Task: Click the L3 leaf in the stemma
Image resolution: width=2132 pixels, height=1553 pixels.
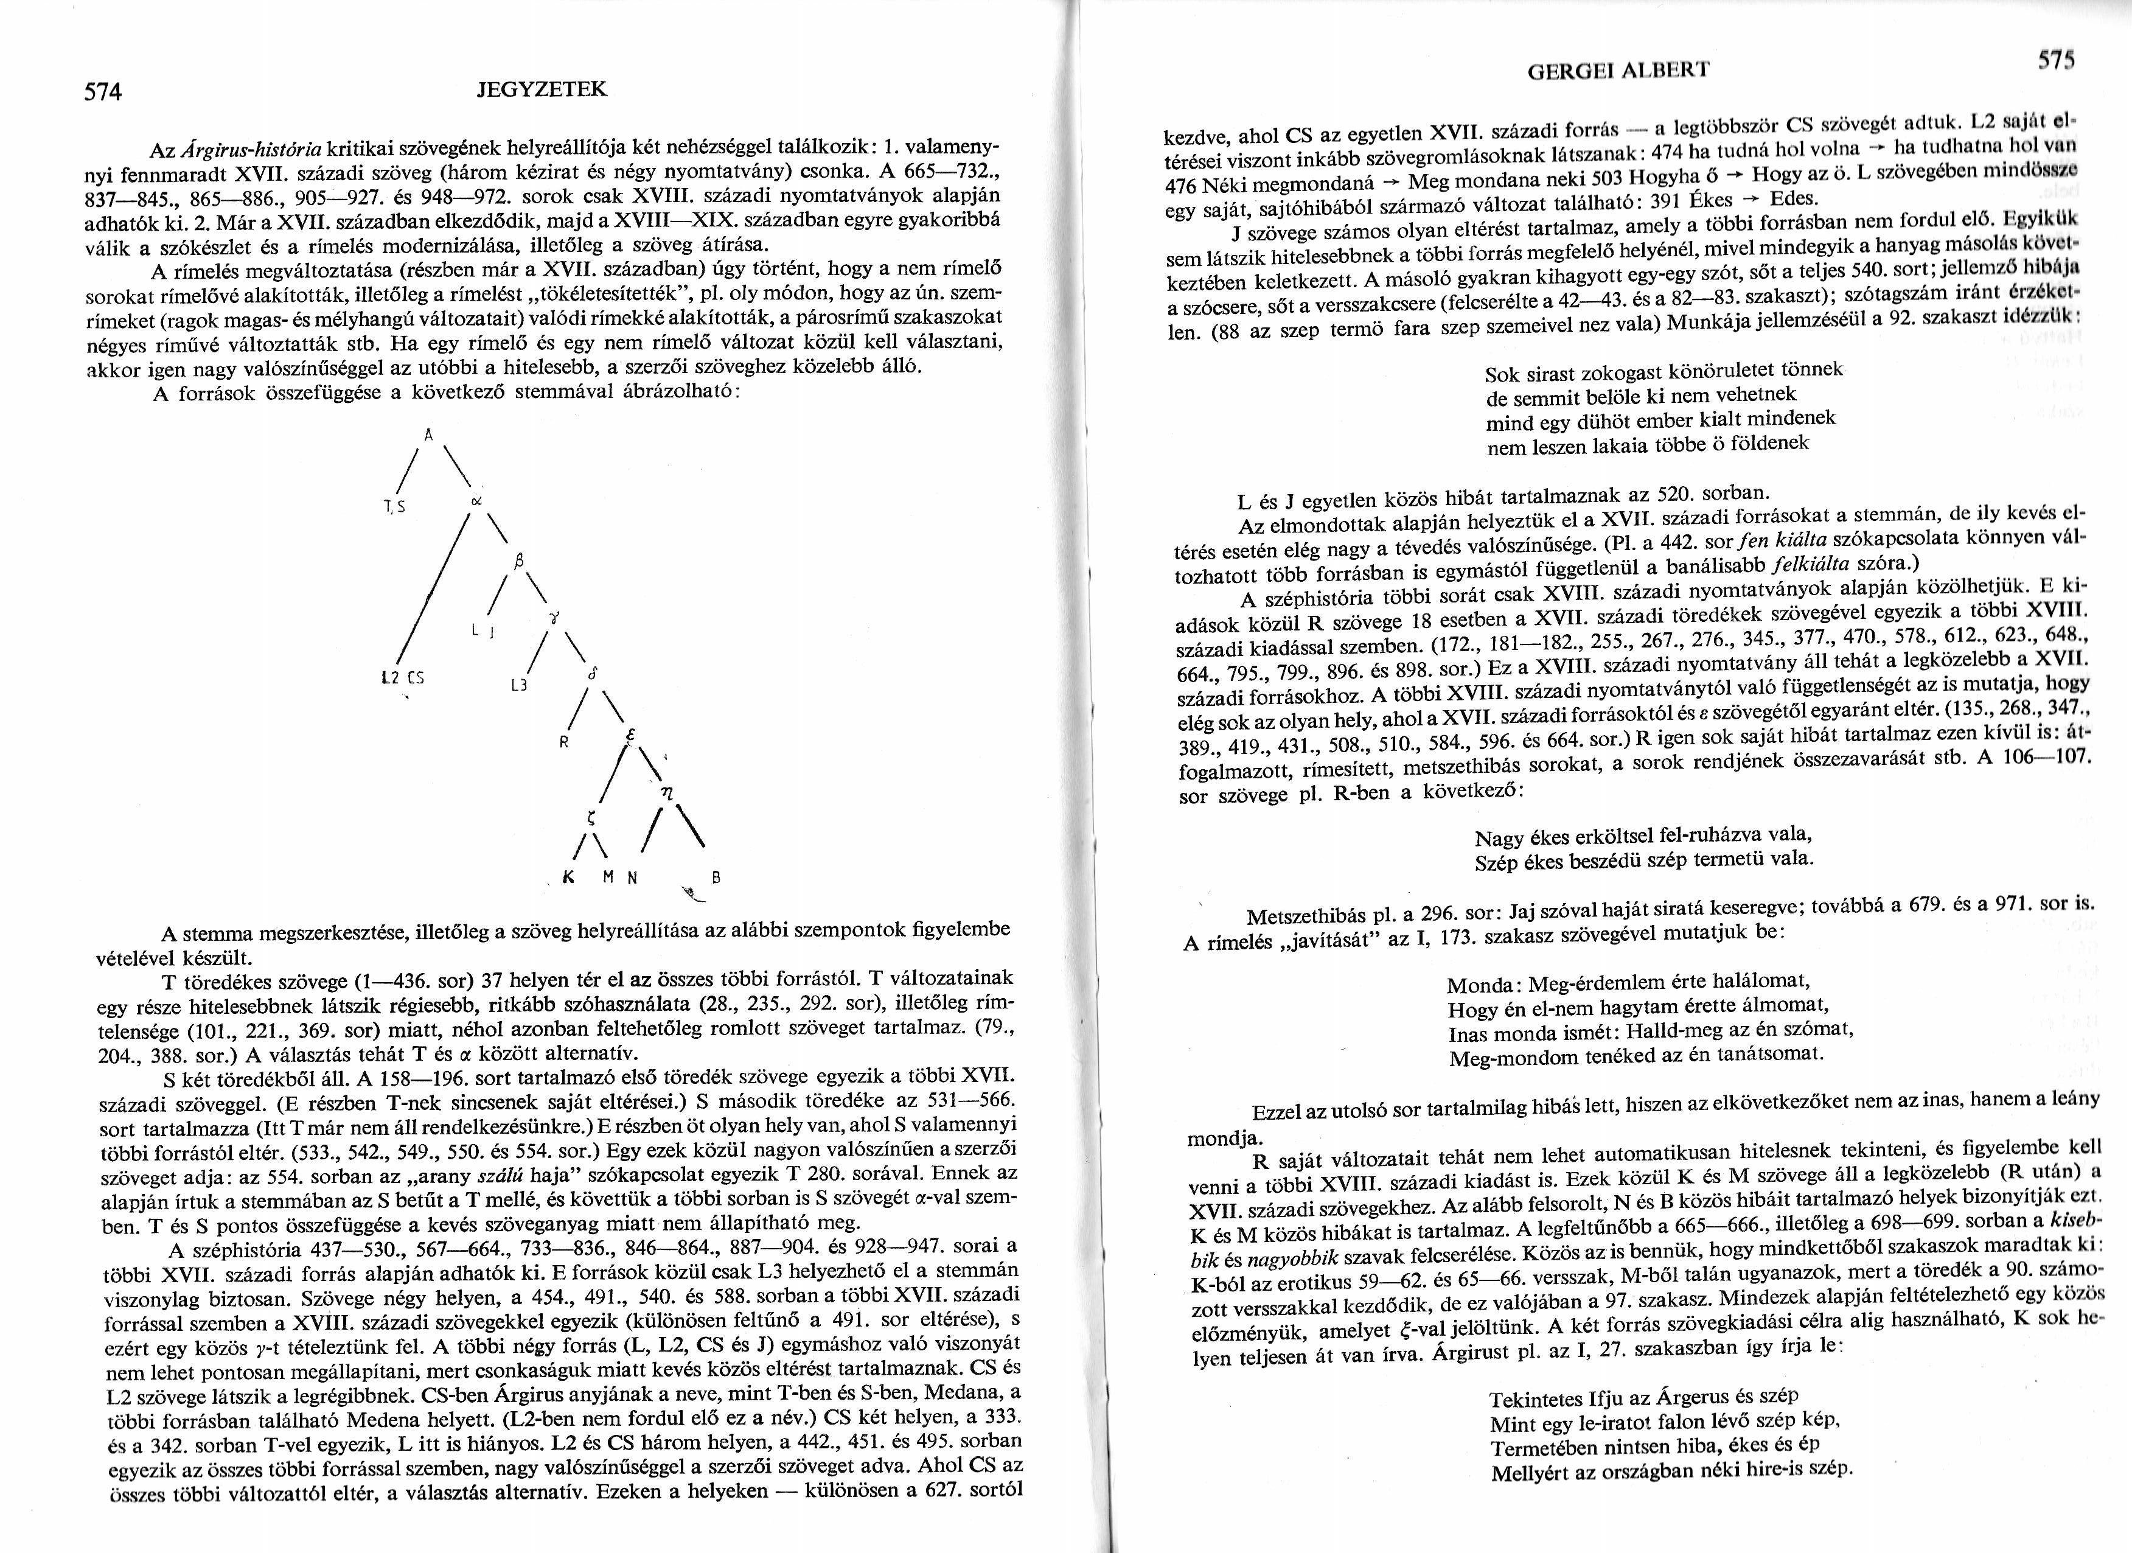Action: [x=517, y=685]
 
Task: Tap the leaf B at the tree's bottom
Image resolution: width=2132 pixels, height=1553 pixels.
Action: [x=716, y=878]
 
